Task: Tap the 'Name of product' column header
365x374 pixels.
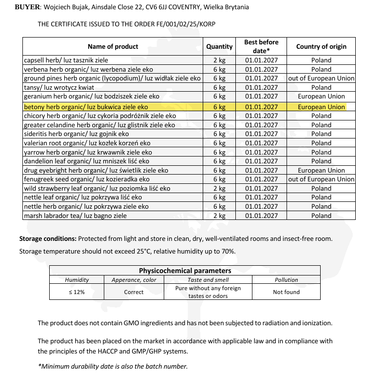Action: click(113, 46)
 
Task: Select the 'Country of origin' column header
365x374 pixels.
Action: click(321, 46)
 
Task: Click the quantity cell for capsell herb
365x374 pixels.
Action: click(219, 60)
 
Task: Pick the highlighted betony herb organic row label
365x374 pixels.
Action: click(86, 107)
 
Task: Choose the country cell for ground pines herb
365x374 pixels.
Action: click(321, 79)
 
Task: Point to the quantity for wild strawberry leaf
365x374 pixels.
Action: click(219, 188)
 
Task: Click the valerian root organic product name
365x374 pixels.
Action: click(87, 143)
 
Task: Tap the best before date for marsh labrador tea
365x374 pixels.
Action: click(261, 216)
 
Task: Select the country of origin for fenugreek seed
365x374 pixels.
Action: click(321, 179)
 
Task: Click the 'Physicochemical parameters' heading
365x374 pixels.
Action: click(185, 271)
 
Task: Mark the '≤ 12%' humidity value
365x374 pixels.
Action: click(77, 292)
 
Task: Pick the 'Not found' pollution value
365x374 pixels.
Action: click(286, 292)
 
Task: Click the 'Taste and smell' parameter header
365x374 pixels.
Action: click(208, 280)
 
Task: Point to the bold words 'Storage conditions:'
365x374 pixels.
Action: click(47, 238)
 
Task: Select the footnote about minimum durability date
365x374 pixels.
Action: click(112, 366)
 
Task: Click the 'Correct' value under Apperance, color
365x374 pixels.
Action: click(134, 292)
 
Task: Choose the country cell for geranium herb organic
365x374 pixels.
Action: click(321, 97)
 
